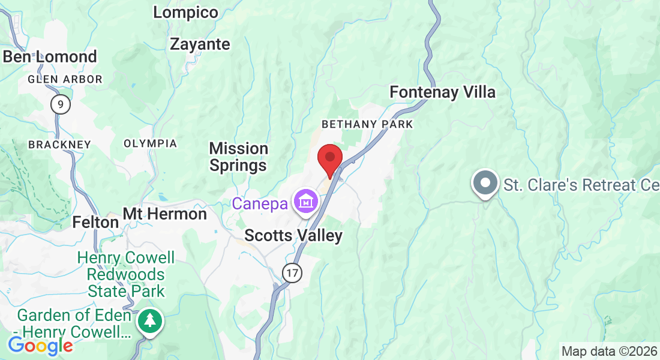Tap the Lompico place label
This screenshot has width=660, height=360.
(185, 12)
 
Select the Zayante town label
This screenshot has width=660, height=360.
(200, 44)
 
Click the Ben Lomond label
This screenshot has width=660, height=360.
(50, 56)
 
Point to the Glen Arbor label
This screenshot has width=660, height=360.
(65, 79)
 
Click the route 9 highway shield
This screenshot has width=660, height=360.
(60, 104)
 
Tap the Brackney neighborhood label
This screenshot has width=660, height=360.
(59, 145)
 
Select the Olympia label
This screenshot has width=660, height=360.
(150, 143)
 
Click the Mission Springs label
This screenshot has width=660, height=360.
(238, 157)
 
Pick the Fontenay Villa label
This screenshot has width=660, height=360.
(442, 92)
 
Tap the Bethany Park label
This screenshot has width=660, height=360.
(367, 124)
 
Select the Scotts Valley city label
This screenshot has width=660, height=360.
(293, 236)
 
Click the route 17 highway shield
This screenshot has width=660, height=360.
(292, 274)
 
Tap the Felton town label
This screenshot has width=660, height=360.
(95, 222)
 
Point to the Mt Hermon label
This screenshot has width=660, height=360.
(164, 214)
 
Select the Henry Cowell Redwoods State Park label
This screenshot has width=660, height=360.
(126, 275)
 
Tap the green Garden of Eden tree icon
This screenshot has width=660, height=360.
(149, 321)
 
